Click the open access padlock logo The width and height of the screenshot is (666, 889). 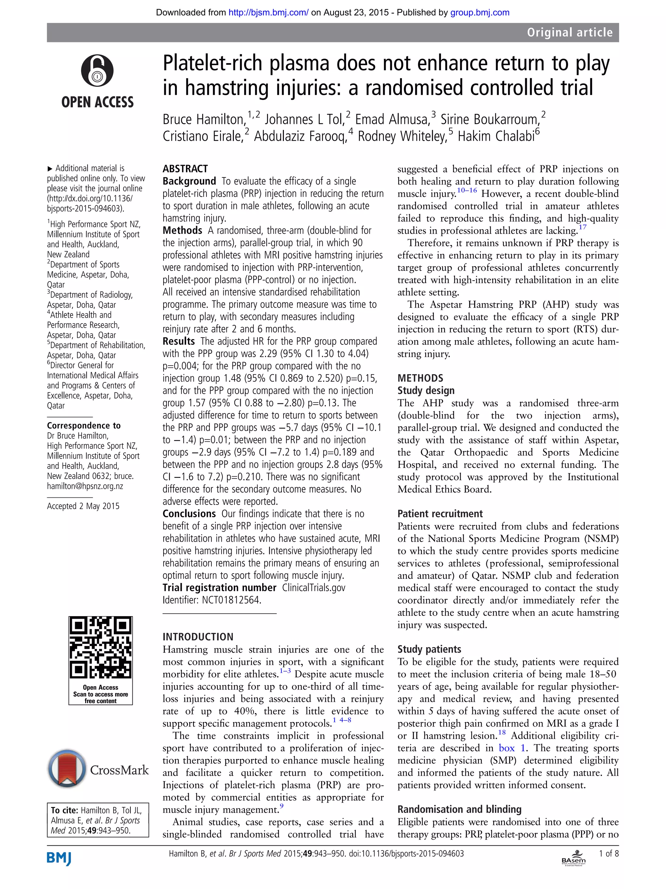click(x=97, y=71)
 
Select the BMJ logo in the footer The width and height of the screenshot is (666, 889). click(x=59, y=858)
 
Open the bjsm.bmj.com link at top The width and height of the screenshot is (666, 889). click(x=268, y=12)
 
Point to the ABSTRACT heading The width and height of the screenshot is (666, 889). click(x=185, y=169)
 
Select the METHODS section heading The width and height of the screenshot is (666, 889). click(x=420, y=378)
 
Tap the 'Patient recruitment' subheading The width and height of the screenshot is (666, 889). click(x=440, y=514)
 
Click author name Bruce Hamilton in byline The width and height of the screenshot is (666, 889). click(x=204, y=120)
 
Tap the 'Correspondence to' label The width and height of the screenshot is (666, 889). click(x=84, y=425)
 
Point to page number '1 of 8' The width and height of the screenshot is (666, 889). click(x=608, y=853)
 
